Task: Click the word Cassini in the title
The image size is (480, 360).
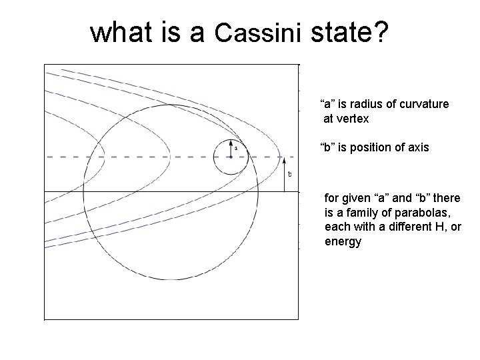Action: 261,32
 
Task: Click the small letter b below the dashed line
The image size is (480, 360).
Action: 289,175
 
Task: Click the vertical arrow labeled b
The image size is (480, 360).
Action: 285,174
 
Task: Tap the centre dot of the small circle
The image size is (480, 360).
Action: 230,157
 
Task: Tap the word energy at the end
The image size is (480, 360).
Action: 343,241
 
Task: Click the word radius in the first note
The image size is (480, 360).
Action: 371,104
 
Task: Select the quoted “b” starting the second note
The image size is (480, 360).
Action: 327,147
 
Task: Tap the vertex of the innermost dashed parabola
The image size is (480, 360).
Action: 104,157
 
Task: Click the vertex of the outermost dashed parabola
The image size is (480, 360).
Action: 280,157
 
